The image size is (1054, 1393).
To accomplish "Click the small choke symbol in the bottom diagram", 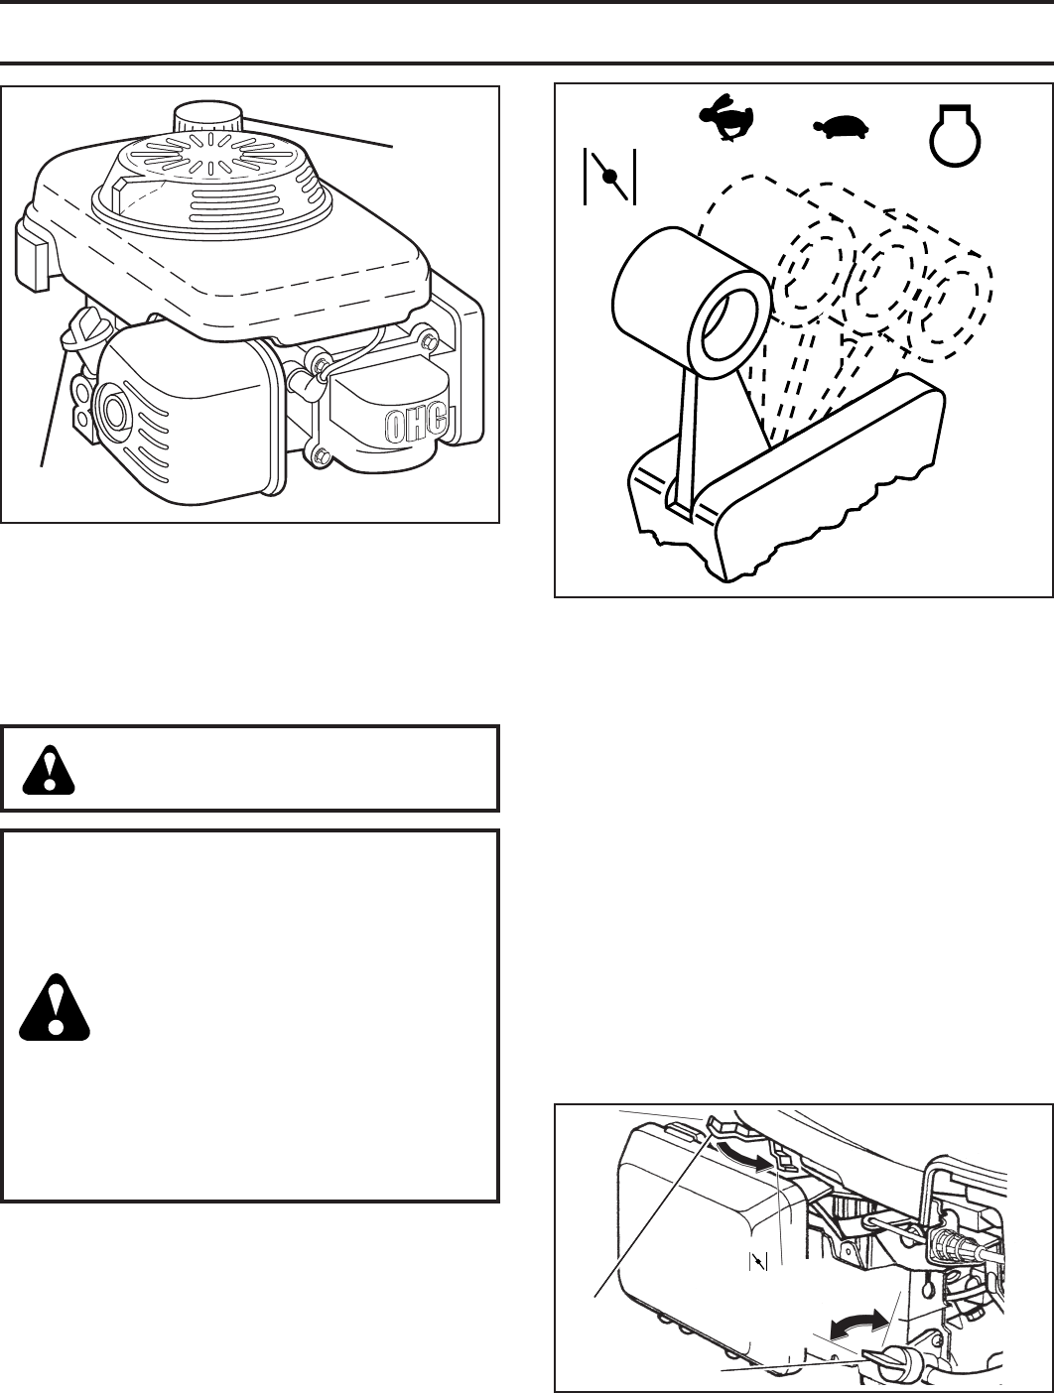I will [x=759, y=1261].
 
